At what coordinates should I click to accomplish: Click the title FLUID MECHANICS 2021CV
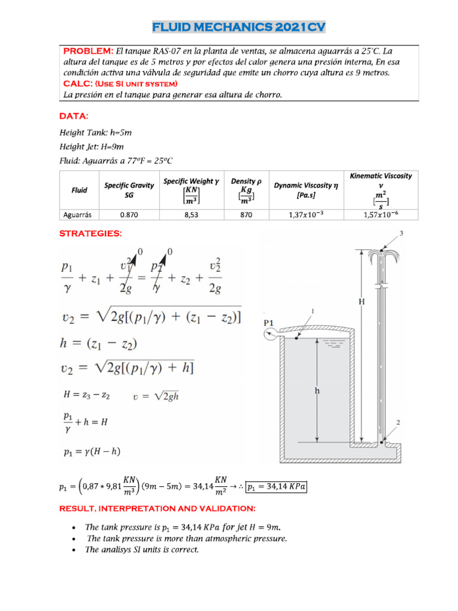(x=239, y=27)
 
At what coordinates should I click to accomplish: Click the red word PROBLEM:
(x=88, y=51)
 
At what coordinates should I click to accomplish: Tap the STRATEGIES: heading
(x=91, y=233)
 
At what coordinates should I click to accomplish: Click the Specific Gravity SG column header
(x=129, y=190)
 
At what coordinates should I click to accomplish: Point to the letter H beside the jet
(x=361, y=302)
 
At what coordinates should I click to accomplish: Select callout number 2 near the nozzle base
(x=398, y=422)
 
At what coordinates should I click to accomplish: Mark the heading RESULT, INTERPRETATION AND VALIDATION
(x=157, y=508)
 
